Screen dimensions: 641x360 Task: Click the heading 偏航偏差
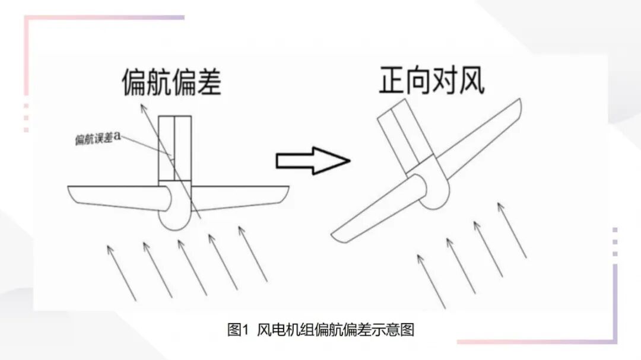172,82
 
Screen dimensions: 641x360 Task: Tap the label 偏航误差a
99,138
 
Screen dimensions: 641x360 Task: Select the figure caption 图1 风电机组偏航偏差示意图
320,330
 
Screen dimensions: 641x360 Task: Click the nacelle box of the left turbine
175,148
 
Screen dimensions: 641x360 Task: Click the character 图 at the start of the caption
233,330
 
